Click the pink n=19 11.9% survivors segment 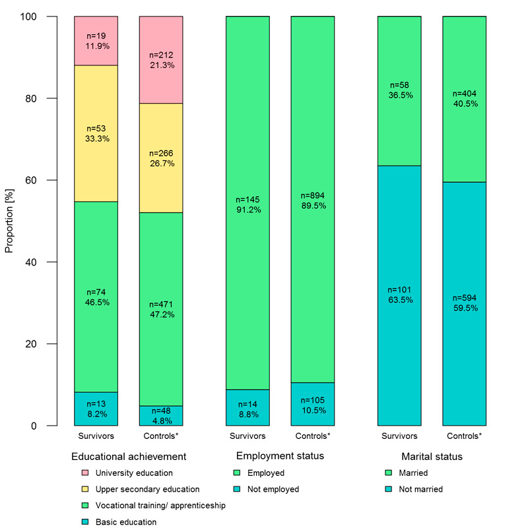[96, 41]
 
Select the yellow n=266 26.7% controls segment [161, 158]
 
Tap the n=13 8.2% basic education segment [96, 409]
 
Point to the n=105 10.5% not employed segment [313, 404]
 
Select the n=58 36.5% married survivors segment [399, 90]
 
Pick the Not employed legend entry [273, 489]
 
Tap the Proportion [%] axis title [9, 221]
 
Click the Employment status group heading [280, 456]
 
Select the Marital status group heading [432, 456]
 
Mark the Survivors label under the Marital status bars [399, 436]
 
